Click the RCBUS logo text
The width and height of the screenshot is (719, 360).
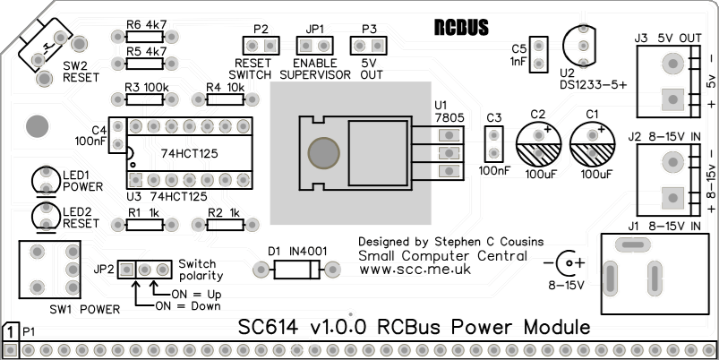(x=461, y=28)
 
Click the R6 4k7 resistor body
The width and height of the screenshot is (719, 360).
(x=143, y=37)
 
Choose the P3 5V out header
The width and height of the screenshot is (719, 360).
(x=371, y=45)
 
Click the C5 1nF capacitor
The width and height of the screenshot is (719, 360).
(x=537, y=53)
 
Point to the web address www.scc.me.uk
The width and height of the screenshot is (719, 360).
(x=415, y=269)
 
